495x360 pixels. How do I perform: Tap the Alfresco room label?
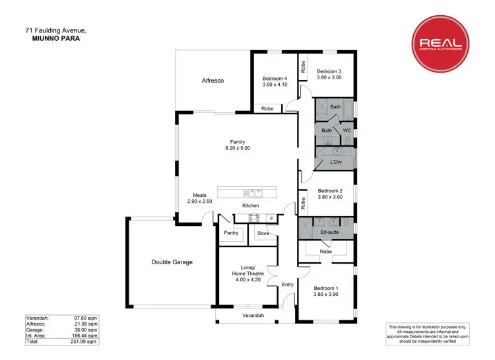click(213, 81)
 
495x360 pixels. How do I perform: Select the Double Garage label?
click(172, 262)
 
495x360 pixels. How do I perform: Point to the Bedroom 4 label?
click(275, 78)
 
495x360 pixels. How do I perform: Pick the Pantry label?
click(231, 233)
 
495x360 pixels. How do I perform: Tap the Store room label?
click(263, 233)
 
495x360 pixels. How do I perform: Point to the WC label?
click(347, 131)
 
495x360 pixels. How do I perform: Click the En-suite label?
click(329, 233)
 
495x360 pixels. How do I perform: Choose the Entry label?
click(288, 285)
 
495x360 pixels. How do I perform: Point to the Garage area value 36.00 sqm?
click(86, 330)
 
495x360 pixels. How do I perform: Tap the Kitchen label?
click(250, 206)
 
